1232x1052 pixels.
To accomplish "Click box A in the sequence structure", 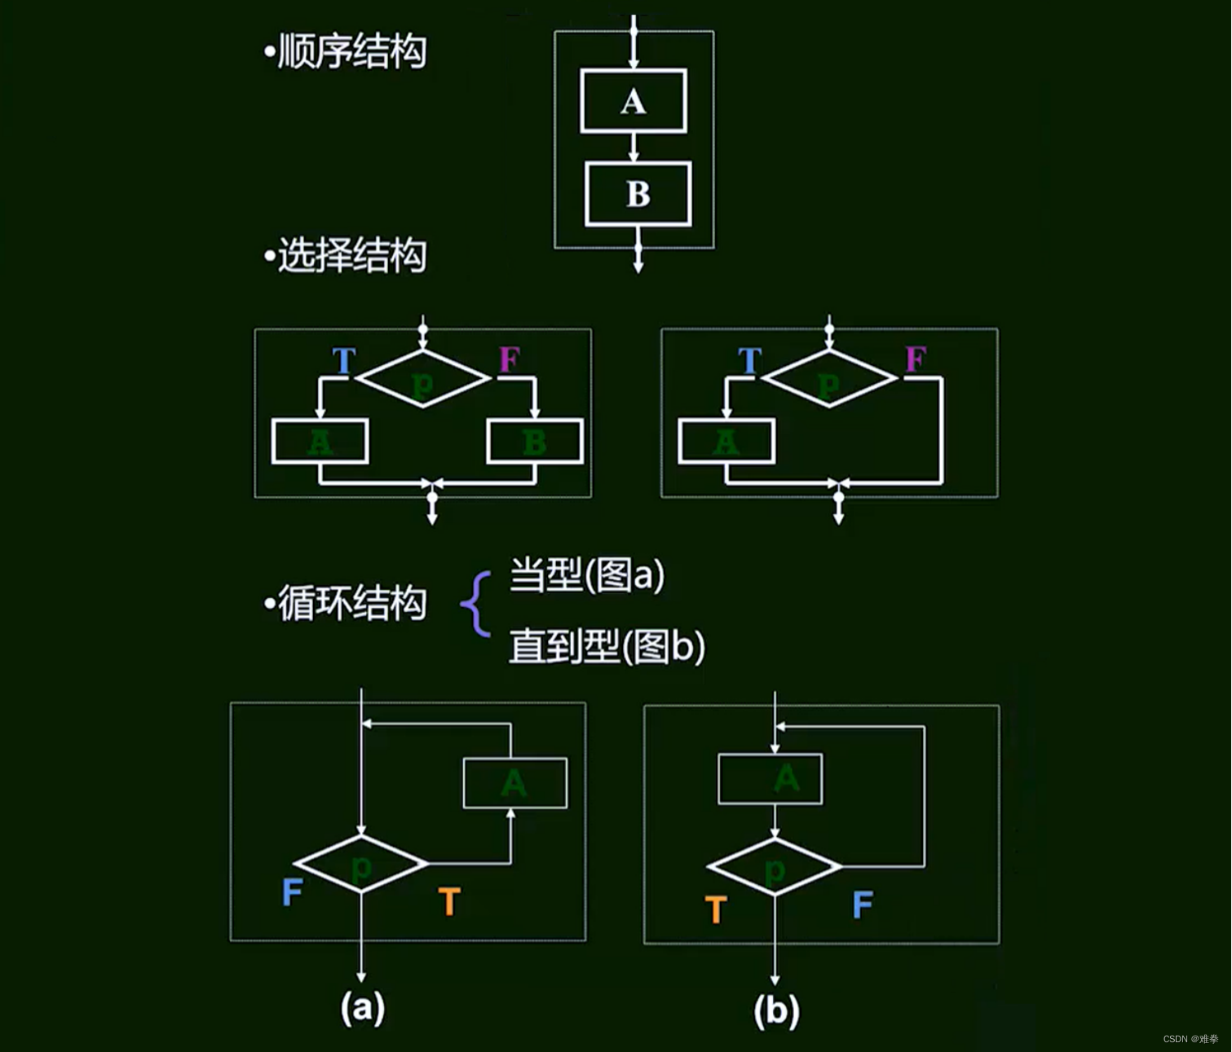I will click(634, 101).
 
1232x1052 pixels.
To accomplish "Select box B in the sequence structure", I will click(638, 194).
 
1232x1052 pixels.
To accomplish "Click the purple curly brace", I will click(476, 604).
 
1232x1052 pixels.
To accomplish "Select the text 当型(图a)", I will click(587, 575).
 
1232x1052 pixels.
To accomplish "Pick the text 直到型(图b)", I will click(607, 647).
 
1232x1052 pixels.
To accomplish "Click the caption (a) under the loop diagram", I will click(362, 1008).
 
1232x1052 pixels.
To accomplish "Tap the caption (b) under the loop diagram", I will click(776, 1011).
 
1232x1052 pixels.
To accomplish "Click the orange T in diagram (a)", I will click(449, 901).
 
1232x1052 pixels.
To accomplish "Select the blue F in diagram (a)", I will click(292, 892).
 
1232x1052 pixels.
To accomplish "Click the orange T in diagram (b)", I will click(716, 909).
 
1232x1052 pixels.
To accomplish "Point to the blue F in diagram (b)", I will click(863, 905).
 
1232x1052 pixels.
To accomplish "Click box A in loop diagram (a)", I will click(515, 783).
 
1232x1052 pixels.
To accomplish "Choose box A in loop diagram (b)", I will click(771, 779).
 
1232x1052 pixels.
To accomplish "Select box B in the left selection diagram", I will click(535, 442).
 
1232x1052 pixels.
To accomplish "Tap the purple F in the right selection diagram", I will click(916, 359).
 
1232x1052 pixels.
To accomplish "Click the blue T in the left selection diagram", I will click(344, 360).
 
